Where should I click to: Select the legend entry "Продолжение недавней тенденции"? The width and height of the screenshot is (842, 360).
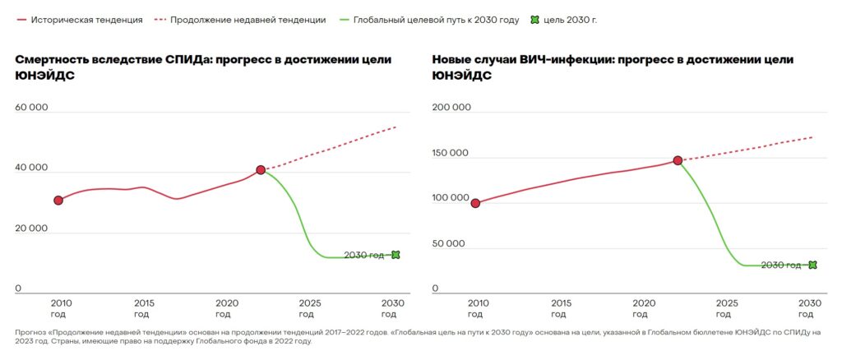[x=248, y=19]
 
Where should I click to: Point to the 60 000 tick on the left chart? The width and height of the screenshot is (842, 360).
[x=30, y=108]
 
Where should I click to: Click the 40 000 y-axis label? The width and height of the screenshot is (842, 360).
[x=30, y=168]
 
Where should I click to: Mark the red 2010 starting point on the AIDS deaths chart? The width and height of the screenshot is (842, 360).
[x=58, y=200]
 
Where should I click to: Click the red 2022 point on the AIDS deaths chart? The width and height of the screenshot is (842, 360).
[x=261, y=169]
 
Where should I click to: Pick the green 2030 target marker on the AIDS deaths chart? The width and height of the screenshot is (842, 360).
[x=396, y=255]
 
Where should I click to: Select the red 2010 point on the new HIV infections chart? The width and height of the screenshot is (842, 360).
[x=475, y=203]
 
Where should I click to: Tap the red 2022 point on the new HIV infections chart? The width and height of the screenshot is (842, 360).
[x=678, y=160]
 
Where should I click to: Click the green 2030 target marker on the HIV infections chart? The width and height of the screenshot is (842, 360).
[x=812, y=265]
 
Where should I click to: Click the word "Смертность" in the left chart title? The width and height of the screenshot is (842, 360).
[x=54, y=59]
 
